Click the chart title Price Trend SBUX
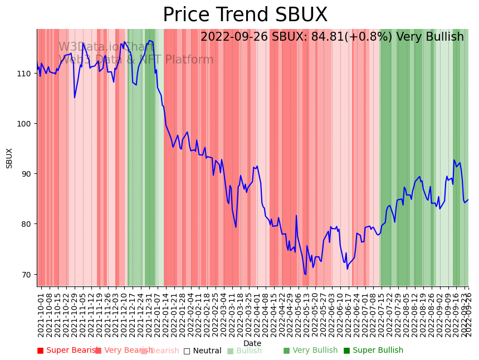pos(245,15)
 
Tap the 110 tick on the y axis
pos(27,74)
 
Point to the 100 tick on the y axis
pos(27,124)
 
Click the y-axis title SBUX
pos(9,158)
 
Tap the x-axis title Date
pos(252,343)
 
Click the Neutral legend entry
pos(203,351)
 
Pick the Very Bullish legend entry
pos(310,351)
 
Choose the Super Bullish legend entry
pos(373,351)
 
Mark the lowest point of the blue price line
pos(305,274)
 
